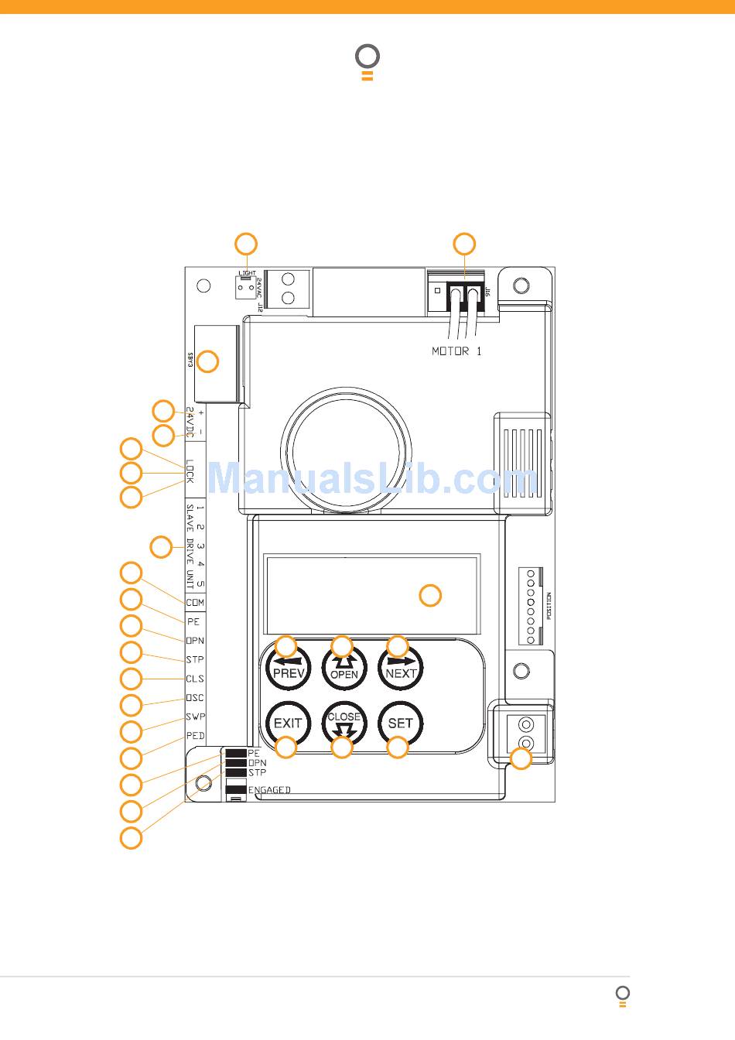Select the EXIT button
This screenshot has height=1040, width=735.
tap(287, 723)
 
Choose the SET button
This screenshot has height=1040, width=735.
tap(400, 723)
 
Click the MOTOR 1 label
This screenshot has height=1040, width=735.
tap(456, 351)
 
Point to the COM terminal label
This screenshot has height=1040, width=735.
tap(195, 602)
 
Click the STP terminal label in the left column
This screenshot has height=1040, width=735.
tap(195, 660)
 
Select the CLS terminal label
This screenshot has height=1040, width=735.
tap(195, 679)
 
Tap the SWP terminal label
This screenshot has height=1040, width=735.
tap(195, 717)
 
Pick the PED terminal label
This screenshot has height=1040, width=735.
tap(195, 735)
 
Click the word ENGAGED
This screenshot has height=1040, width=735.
tap(269, 790)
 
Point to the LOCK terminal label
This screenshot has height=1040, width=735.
tap(190, 471)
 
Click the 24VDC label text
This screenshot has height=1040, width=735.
tap(190, 423)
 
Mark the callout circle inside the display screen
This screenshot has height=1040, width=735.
tap(430, 595)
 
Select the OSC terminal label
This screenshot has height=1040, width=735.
tap(195, 698)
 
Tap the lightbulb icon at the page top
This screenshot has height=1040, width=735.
tap(367, 61)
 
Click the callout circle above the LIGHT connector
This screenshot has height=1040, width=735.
tap(246, 243)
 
